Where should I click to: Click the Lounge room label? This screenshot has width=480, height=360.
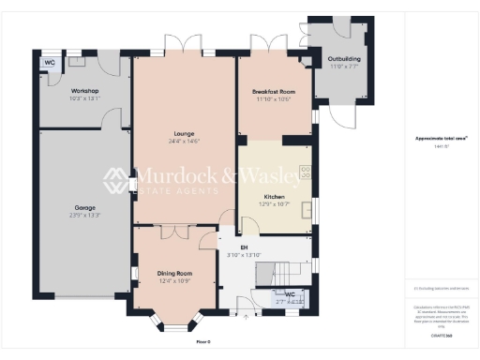184,133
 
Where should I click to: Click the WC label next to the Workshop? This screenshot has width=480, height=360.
48,64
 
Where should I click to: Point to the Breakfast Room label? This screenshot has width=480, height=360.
273,91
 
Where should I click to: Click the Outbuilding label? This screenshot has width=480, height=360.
344,59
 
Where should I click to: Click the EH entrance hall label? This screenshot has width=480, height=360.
243,247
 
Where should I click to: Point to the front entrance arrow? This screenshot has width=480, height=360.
247,319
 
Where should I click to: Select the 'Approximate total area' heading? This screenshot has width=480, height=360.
442,138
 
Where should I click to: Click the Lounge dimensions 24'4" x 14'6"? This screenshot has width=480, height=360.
184,141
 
